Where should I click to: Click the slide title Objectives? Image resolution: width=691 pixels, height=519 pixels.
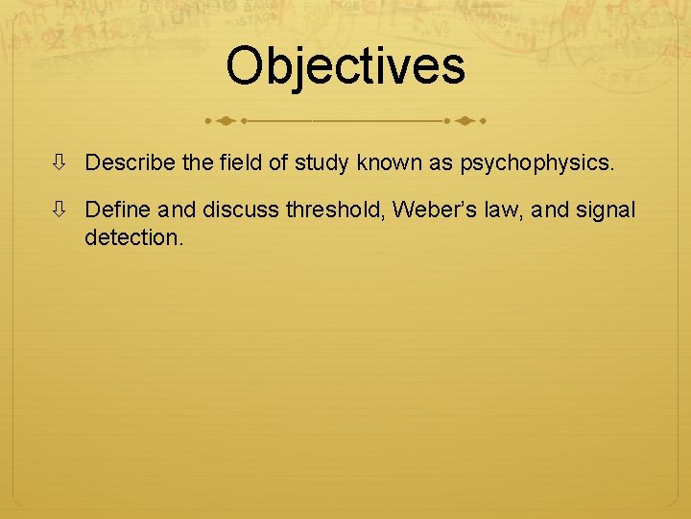[x=345, y=66]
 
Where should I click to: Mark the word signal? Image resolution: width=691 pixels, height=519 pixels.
[x=605, y=210]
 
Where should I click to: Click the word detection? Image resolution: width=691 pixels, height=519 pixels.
[x=132, y=236]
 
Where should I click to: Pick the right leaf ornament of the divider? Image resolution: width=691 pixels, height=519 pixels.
[x=466, y=122]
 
